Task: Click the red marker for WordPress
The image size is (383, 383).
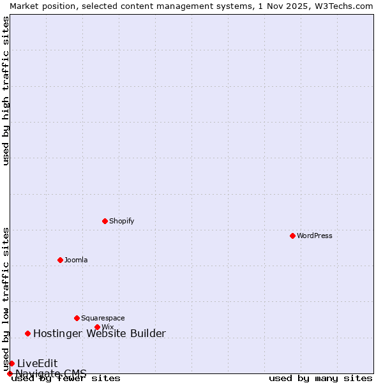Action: click(x=292, y=236)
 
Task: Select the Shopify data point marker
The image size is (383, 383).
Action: click(x=105, y=221)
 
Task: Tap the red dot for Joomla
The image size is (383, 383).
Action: click(x=60, y=260)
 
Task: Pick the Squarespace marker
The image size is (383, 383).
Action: click(x=77, y=318)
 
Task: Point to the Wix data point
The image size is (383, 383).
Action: click(x=97, y=327)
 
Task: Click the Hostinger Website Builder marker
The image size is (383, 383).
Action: click(x=27, y=333)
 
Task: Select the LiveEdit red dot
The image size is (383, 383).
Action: click(x=11, y=363)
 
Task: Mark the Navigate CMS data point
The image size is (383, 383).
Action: click(x=10, y=373)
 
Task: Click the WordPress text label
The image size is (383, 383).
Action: click(x=315, y=236)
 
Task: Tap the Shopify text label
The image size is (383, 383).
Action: click(x=121, y=221)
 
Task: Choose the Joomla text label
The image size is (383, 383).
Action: click(x=76, y=260)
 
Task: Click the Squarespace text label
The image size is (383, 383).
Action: click(x=103, y=318)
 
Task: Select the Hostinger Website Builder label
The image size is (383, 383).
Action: click(x=99, y=333)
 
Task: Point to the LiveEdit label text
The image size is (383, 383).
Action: click(x=37, y=363)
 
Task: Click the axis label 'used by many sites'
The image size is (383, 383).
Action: click(x=320, y=378)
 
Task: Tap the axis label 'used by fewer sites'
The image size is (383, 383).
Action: click(x=66, y=378)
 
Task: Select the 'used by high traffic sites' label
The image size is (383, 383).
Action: click(x=6, y=91)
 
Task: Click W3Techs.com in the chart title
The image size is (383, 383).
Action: click(x=343, y=6)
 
